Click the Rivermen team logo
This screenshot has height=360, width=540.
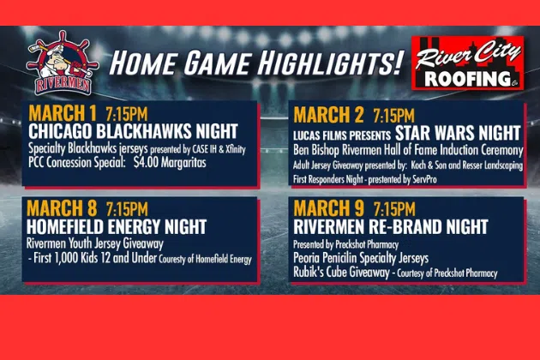63,63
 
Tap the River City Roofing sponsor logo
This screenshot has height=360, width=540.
468,63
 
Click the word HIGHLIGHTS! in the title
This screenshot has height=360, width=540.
330,63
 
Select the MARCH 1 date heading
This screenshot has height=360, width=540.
63,113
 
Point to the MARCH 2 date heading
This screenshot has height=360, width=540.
328,115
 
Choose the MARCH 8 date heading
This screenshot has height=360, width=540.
62,208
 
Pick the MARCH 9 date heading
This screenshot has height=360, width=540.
328,208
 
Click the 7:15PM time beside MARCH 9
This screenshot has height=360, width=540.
394,209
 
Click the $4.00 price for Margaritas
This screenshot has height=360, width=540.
146,163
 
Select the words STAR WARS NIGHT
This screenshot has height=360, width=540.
458,134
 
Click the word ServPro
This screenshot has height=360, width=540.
424,179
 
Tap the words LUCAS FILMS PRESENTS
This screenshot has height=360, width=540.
342,135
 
